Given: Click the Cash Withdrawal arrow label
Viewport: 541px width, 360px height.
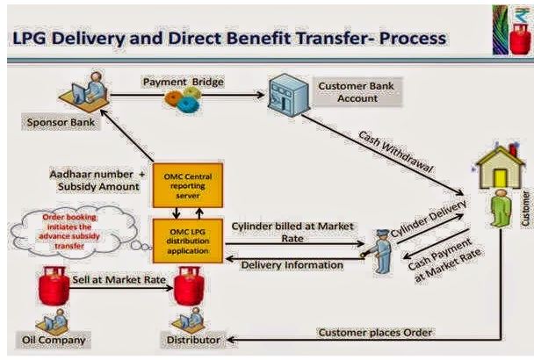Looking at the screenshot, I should pyautogui.click(x=391, y=150).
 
